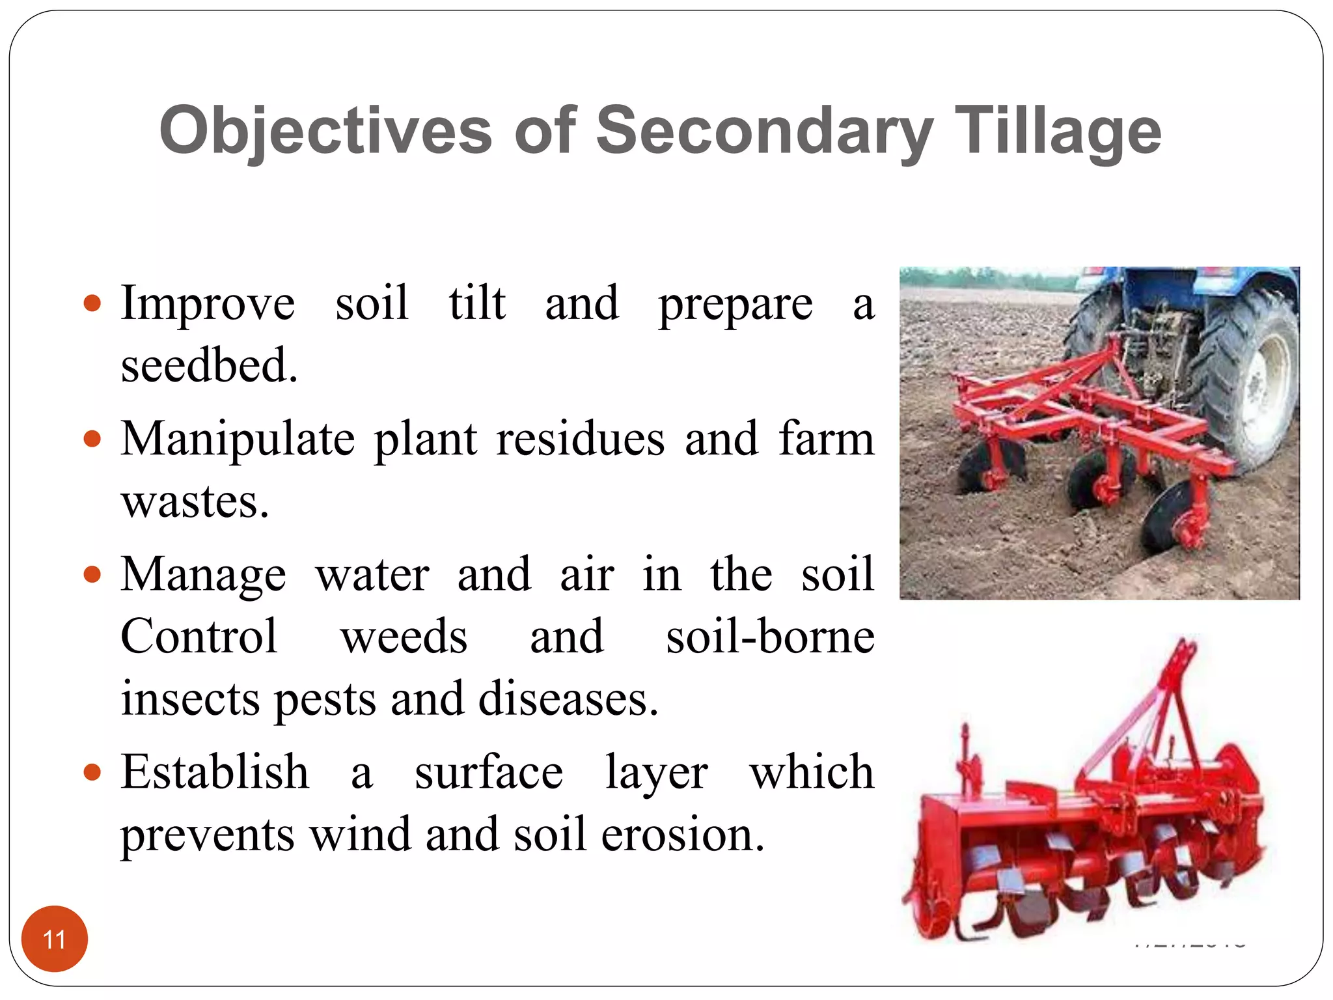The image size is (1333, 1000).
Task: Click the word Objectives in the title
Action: coord(325,132)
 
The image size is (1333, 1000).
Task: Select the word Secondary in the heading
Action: coord(764,132)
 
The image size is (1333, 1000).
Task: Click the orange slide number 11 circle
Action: coord(54,939)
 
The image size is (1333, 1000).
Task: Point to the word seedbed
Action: coord(208,365)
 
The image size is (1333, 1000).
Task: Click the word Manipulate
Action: coord(238,439)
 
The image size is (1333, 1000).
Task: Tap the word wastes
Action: coord(194,502)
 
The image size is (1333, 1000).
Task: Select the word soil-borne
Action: coord(769,637)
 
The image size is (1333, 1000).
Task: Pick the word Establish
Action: coord(215,773)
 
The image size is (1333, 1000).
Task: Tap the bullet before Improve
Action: coord(93,303)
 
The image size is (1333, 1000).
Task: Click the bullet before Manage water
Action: coord(93,575)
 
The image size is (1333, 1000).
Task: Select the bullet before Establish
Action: coord(93,773)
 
